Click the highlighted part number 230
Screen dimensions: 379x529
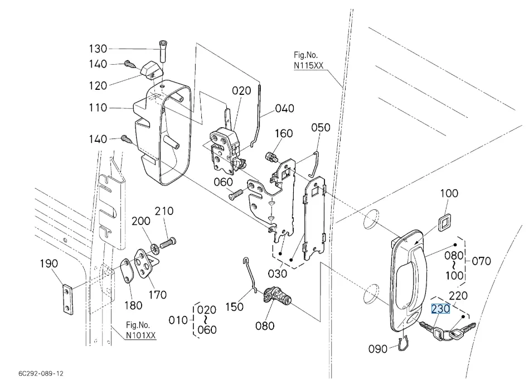pyautogui.click(x=440, y=309)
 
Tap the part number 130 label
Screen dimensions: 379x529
pyautogui.click(x=99, y=49)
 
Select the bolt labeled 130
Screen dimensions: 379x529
pyautogui.click(x=163, y=52)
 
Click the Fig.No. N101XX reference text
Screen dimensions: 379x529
pyautogui.click(x=140, y=330)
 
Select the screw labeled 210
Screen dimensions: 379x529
pyautogui.click(x=168, y=243)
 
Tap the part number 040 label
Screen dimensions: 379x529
pyautogui.click(x=285, y=108)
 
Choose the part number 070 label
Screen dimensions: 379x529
pyautogui.click(x=482, y=260)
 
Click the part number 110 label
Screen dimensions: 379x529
pyautogui.click(x=99, y=107)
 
